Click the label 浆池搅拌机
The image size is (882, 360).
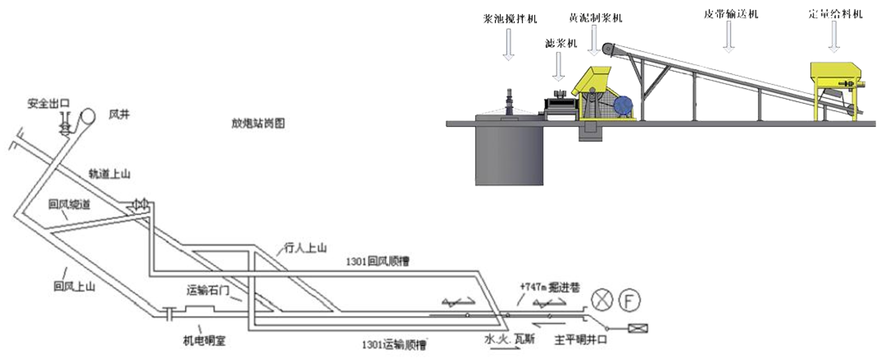509,19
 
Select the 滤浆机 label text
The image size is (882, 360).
560,43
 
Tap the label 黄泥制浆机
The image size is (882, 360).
596,18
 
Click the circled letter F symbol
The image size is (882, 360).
630,300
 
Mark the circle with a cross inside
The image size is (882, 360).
602,300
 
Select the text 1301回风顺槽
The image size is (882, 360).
377,262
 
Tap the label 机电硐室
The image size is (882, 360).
204,339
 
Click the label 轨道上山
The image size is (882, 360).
109,174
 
